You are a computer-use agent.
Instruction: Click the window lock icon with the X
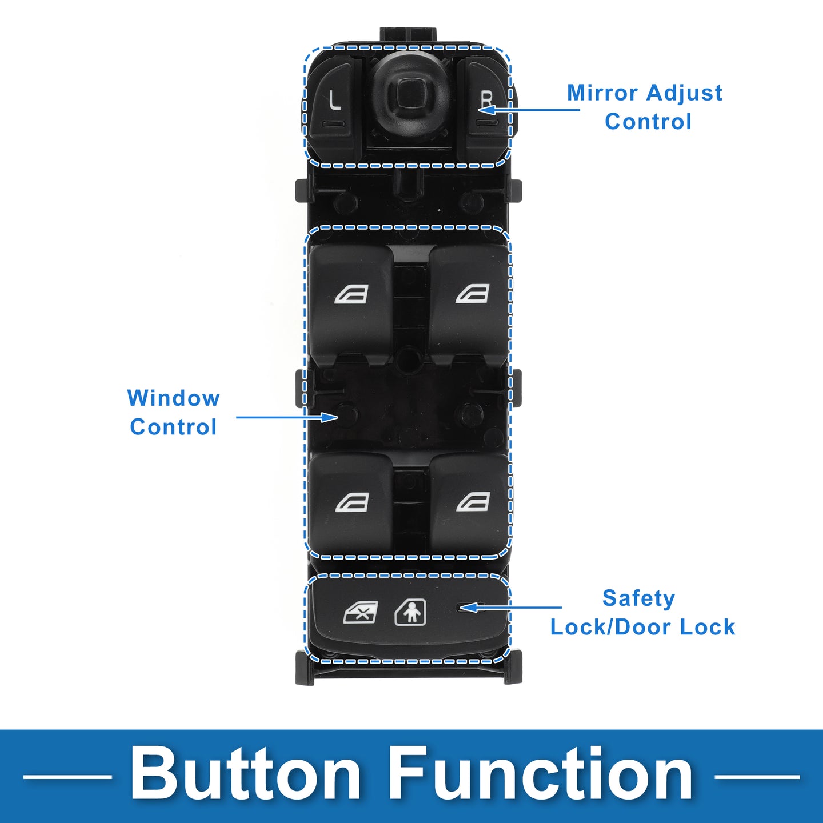pos(361,613)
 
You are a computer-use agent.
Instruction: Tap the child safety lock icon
pos(410,613)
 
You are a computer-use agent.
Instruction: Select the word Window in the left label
pos(173,398)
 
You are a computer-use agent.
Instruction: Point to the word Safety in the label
pos(638,599)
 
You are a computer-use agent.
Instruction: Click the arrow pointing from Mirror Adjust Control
pos(529,110)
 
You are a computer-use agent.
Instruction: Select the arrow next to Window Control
pos(287,417)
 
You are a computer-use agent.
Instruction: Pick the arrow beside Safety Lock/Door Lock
pos(511,608)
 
